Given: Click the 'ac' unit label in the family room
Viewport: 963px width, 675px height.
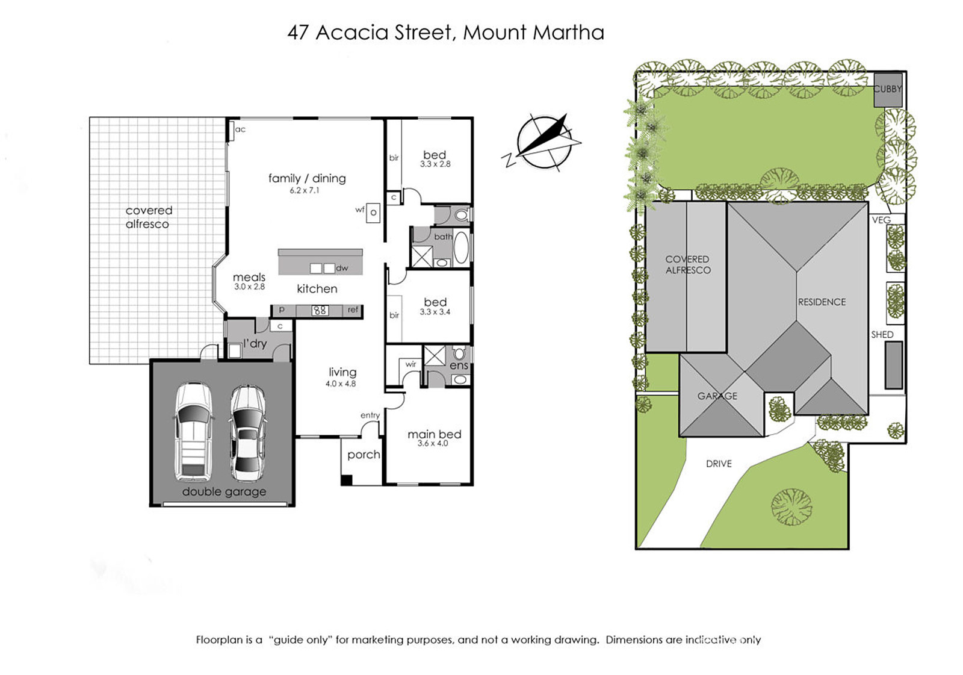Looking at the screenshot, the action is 240,129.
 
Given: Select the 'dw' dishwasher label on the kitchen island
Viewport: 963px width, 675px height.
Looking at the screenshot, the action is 342,268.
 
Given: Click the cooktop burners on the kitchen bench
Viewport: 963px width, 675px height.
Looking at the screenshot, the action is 320,310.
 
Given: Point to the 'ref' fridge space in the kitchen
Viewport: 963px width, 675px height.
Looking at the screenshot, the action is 353,310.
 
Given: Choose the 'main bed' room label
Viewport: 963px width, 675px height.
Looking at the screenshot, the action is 434,434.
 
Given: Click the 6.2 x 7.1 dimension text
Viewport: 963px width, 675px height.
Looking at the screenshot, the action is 305,190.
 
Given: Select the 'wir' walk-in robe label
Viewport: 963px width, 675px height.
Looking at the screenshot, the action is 410,364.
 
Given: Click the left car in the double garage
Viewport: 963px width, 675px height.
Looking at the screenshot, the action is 193,432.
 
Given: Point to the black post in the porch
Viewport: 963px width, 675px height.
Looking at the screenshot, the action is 347,480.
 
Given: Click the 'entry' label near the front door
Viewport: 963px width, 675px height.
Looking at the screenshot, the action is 370,415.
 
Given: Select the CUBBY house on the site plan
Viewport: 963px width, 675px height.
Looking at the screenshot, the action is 888,90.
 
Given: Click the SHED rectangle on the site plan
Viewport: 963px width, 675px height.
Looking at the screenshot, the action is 893,365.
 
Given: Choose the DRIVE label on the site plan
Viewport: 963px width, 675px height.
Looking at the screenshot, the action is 719,464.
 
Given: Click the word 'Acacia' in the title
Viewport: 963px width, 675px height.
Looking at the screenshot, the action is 351,33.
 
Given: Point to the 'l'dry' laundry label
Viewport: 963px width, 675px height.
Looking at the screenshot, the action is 255,343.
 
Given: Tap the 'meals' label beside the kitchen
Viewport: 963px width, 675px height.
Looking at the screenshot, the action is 249,277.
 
